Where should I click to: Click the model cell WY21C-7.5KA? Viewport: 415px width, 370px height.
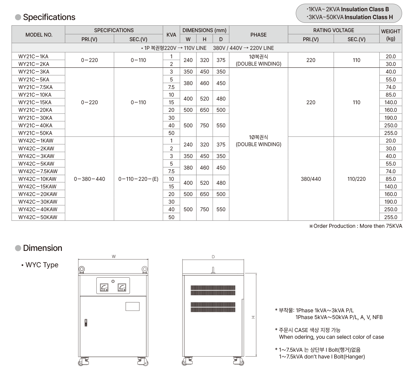pyautogui.click(x=35, y=87)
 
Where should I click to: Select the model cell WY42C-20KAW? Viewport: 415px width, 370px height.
pyautogui.click(x=38, y=194)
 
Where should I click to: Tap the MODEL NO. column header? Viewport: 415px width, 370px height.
pyautogui.click(x=39, y=35)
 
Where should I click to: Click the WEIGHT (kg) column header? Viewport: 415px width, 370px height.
pyautogui.click(x=391, y=35)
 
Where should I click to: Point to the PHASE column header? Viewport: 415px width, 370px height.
pyautogui.click(x=258, y=35)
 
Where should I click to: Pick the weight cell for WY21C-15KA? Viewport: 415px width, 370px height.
pyautogui.click(x=391, y=102)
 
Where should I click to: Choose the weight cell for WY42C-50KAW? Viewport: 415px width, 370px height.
pyautogui.click(x=391, y=217)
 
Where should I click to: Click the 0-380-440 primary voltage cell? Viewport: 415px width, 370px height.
pyautogui.click(x=89, y=179)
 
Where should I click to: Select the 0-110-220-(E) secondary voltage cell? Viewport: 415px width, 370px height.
pyautogui.click(x=138, y=179)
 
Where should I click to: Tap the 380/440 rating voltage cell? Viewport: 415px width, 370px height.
pyautogui.click(x=311, y=179)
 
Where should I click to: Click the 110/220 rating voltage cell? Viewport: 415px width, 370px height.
pyautogui.click(x=356, y=179)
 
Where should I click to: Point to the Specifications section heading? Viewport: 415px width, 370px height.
pyautogui.click(x=49, y=17)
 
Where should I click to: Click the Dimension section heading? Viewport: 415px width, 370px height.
pyautogui.click(x=42, y=248)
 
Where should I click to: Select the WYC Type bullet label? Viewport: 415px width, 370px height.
pyautogui.click(x=42, y=265)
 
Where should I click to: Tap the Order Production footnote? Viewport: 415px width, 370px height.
pyautogui.click(x=356, y=226)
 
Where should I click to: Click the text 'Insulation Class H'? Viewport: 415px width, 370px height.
pyautogui.click(x=369, y=17)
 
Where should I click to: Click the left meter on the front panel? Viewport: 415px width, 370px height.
pyautogui.click(x=104, y=287)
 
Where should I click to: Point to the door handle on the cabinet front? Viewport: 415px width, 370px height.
pyautogui.click(x=86, y=323)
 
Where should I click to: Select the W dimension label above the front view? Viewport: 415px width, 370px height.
pyautogui.click(x=114, y=257)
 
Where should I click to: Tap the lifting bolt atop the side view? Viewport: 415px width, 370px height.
pyautogui.click(x=213, y=270)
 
